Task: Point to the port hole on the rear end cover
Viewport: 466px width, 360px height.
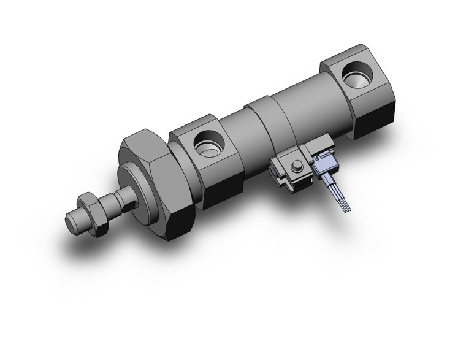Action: point(356,79)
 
